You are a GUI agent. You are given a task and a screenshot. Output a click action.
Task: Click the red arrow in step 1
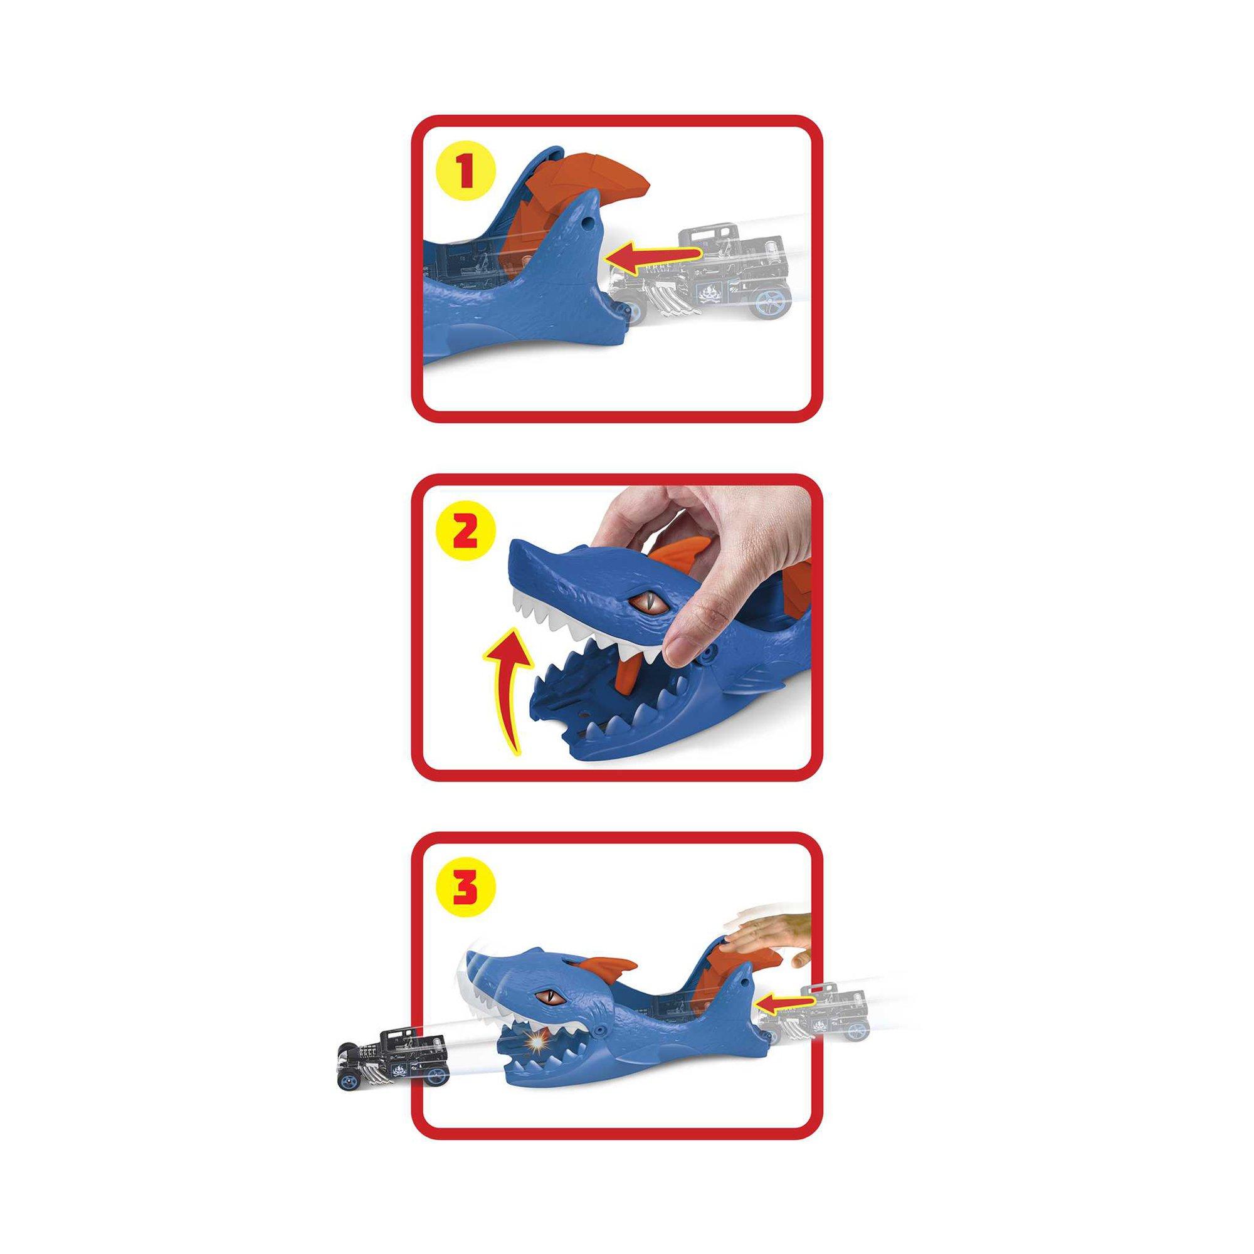point(653,258)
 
